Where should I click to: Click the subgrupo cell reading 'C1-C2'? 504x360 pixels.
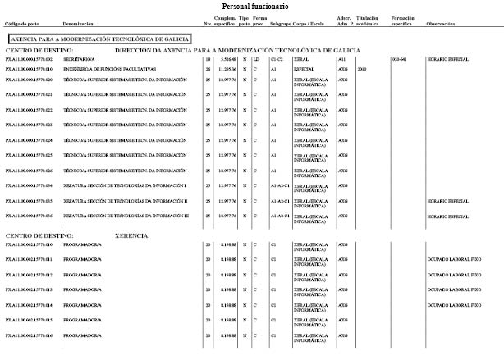pos(277,60)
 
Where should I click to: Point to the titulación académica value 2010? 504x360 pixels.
pos(362,70)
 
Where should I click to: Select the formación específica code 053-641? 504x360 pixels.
pos(400,60)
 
